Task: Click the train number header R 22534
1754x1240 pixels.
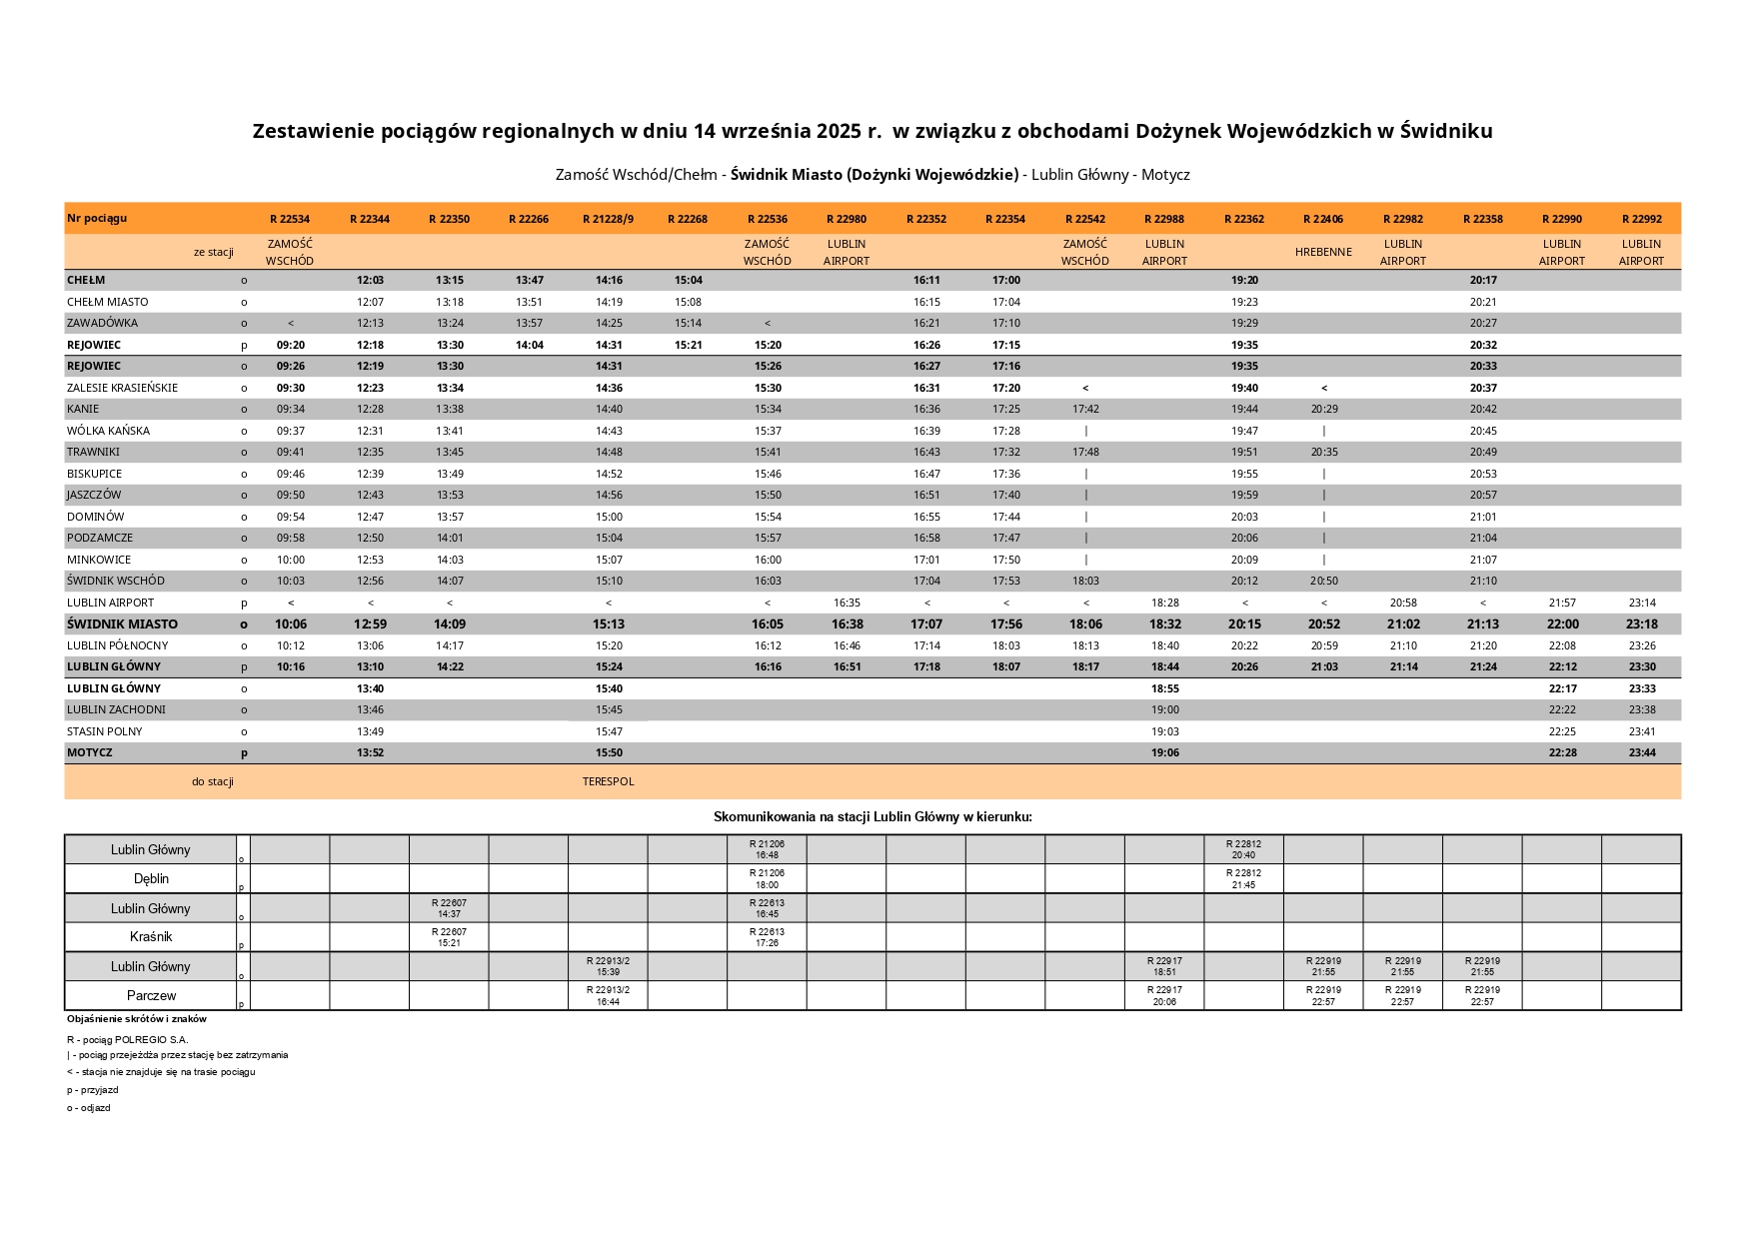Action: coord(290,219)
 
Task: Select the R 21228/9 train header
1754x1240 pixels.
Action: coord(608,219)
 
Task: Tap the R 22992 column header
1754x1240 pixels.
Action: coord(1641,219)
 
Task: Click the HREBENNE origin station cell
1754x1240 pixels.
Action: coord(1323,252)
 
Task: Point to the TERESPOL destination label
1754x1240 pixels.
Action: coord(608,781)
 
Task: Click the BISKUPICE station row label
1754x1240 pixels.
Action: coord(95,474)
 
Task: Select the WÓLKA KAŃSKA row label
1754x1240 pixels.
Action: coord(108,431)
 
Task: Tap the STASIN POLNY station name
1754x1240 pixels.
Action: coord(105,731)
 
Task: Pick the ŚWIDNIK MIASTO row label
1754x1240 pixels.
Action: coord(122,624)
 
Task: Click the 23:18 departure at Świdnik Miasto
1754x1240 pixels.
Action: coord(1641,624)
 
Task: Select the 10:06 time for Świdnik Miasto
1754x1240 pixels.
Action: coord(290,624)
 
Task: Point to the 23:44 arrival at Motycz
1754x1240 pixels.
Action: coord(1641,753)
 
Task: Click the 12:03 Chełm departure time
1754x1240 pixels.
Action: coord(370,281)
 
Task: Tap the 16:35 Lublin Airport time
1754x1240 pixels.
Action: coord(847,604)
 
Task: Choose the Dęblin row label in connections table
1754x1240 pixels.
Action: coord(151,879)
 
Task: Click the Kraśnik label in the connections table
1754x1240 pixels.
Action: coord(151,937)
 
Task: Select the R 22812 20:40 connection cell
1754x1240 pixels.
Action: coord(1243,849)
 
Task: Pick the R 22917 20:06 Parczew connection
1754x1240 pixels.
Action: coord(1164,995)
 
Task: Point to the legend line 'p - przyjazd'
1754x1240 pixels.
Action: coord(93,1090)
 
